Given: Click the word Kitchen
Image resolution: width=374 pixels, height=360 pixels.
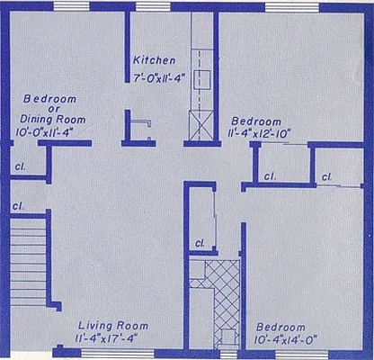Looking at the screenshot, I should tap(154, 60).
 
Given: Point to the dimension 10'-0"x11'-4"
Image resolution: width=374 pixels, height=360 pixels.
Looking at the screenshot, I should tap(53, 131).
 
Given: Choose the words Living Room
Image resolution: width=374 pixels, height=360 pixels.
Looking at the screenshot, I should tap(111, 325).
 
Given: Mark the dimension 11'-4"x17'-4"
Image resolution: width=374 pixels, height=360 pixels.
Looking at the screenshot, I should tap(111, 338).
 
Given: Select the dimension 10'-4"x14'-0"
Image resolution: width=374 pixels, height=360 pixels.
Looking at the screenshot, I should tap(286, 339).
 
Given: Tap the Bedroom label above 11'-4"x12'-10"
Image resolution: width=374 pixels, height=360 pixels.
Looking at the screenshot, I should tap(256, 121).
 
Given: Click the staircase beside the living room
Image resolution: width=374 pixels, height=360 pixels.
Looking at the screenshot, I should tap(27, 260).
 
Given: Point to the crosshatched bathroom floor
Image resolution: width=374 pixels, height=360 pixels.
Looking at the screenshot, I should tap(221, 292).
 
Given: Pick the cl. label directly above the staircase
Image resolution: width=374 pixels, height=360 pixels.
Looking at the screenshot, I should tap(18, 206).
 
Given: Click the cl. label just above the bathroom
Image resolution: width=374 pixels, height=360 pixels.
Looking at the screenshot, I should tap(200, 243).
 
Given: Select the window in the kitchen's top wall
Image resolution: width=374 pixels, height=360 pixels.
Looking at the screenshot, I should tap(149, 6).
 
